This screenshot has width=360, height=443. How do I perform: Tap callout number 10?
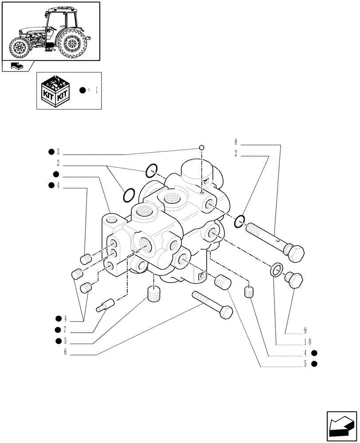(x=308, y=342)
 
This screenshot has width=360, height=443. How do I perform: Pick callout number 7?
(x=64, y=330)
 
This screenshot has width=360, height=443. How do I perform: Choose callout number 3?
(x=58, y=152)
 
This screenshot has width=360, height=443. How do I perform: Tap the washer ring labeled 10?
(x=276, y=268)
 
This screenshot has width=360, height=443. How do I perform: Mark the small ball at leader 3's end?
(x=201, y=148)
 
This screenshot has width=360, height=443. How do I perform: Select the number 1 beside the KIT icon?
(x=96, y=90)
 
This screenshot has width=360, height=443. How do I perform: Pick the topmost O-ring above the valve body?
(x=151, y=169)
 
